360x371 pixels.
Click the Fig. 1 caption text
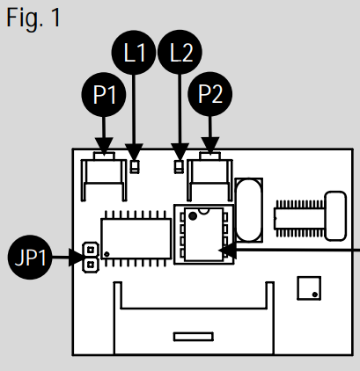click(33, 18)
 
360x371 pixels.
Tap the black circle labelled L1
click(134, 53)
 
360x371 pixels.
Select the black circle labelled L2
click(180, 52)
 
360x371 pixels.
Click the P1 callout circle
click(104, 95)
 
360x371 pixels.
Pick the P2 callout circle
click(210, 94)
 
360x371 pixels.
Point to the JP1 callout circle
click(30, 257)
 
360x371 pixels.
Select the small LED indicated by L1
click(135, 167)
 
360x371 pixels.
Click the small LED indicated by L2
click(179, 167)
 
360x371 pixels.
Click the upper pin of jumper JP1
click(91, 250)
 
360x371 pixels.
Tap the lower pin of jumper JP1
click(91, 266)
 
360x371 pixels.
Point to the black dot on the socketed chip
click(193, 216)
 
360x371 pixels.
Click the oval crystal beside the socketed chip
click(248, 210)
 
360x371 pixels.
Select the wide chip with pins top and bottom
click(136, 238)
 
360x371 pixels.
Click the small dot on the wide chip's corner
click(107, 254)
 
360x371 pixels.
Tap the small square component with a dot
click(309, 288)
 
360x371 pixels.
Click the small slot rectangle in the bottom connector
click(194, 337)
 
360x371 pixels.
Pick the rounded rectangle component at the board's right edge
click(336, 216)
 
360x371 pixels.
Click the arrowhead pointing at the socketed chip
click(228, 251)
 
